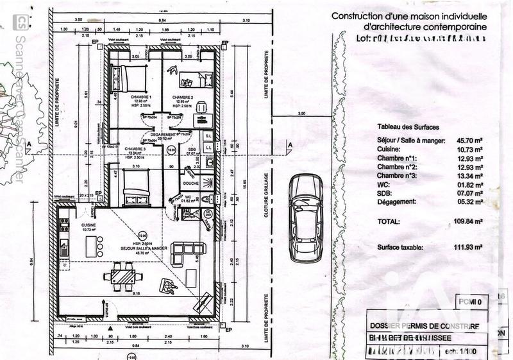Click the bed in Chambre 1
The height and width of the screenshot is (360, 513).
click(134, 80)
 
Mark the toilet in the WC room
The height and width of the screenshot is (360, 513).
click(206, 198)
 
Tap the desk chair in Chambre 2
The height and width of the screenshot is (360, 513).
click(200, 105)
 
